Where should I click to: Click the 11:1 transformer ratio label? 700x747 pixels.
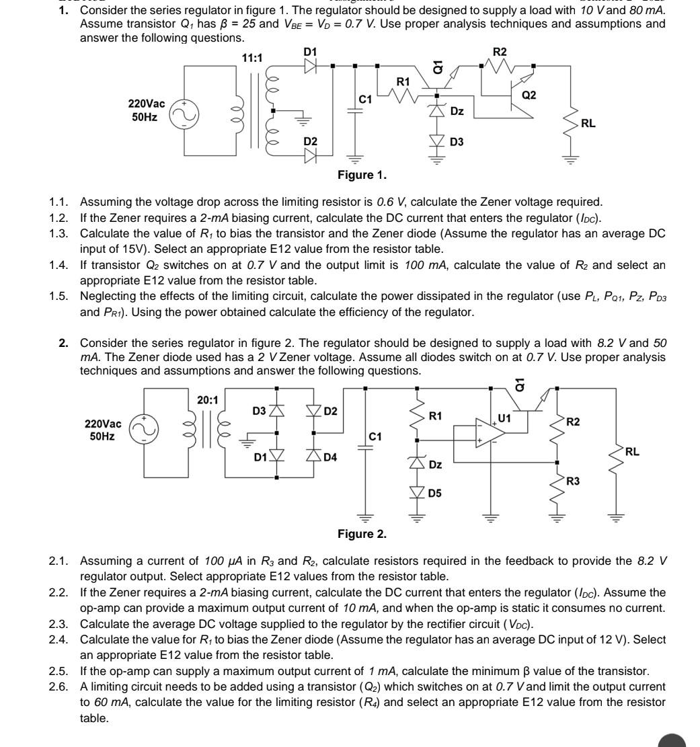pos(252,58)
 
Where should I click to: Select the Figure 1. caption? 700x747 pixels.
pos(362,175)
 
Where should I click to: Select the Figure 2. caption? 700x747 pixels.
pos(362,534)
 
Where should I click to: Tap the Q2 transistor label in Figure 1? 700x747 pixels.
pos(529,95)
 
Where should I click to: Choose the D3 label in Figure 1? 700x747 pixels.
pos(457,142)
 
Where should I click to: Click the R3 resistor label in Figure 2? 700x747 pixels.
pos(572,481)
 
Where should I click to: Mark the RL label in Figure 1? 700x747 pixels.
pos(588,124)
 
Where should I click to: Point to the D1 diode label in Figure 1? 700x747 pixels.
pos(310,52)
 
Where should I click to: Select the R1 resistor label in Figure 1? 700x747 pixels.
pos(403,81)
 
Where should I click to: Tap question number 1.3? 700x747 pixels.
pos(59,233)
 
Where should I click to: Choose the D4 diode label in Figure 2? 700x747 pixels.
pos(330,458)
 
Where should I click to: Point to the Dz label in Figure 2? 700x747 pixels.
pos(436,465)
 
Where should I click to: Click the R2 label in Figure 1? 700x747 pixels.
pos(500,52)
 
